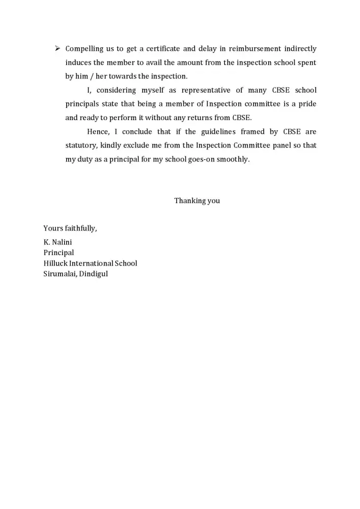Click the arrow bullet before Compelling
coord(58,49)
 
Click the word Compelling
coord(85,49)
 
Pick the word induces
coord(78,63)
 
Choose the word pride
coord(307,104)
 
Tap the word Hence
coord(98,132)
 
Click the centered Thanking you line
coord(197,201)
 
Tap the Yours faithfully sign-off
coord(70,229)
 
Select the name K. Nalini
coord(58,242)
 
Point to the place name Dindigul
coord(94,274)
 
